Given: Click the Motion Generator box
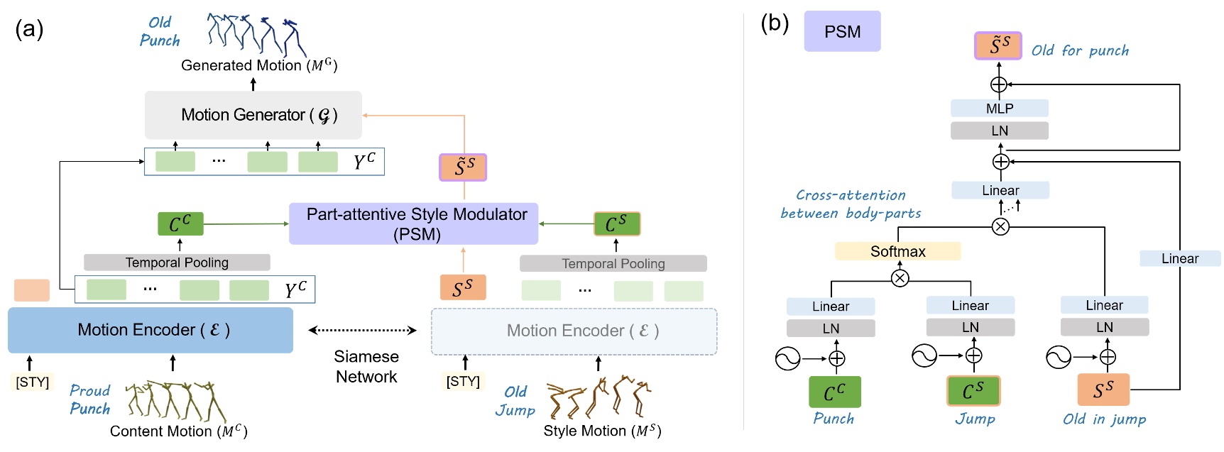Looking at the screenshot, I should pyautogui.click(x=253, y=115).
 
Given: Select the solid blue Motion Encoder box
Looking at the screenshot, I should pyautogui.click(x=150, y=330).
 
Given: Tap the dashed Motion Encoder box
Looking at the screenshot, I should pyautogui.click(x=574, y=331).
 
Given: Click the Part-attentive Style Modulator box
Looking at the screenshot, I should pyautogui.click(x=414, y=224).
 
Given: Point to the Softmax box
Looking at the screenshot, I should pyautogui.click(x=897, y=251).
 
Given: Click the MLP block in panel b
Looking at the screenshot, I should pyautogui.click(x=999, y=109).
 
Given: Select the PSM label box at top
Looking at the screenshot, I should pyautogui.click(x=842, y=31).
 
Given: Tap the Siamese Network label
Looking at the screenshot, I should pyautogui.click(x=366, y=366).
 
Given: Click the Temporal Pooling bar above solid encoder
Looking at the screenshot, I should pyautogui.click(x=177, y=263).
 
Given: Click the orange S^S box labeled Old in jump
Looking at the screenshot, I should pyautogui.click(x=1103, y=390).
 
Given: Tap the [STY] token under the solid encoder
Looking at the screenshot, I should pyautogui.click(x=33, y=382).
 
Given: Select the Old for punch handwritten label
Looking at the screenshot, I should pyautogui.click(x=1079, y=50).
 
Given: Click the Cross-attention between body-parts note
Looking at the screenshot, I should pyautogui.click(x=851, y=204).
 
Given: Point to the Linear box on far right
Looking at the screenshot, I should pyautogui.click(x=1179, y=259).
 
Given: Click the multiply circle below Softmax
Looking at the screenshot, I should pyautogui.click(x=900, y=278).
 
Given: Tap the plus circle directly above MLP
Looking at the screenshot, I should pyautogui.click(x=999, y=85).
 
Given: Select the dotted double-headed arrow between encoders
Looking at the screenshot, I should pyautogui.click(x=362, y=330).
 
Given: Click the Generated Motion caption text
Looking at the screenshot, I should pyautogui.click(x=259, y=66).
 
